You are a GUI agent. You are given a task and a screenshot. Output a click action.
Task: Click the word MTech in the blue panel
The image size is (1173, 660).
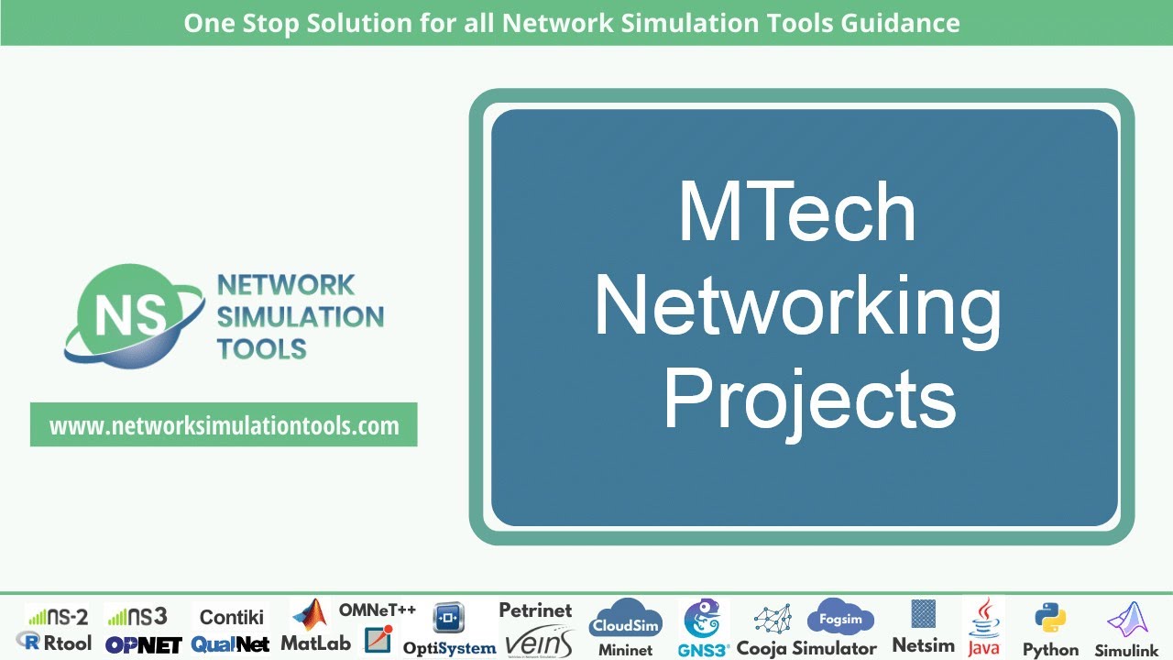[x=796, y=213]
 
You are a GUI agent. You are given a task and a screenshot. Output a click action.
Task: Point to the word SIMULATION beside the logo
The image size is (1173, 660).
[x=301, y=317]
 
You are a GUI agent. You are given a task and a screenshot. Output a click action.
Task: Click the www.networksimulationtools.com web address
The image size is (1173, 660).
[x=224, y=425]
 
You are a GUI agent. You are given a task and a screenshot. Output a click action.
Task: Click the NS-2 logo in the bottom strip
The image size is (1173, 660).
[x=57, y=616]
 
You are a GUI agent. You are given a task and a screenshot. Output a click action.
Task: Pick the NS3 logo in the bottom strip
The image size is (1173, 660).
[x=137, y=616]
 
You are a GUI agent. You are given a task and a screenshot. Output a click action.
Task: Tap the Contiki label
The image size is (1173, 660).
[x=232, y=617]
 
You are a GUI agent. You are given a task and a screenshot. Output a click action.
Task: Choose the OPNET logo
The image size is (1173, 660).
[x=143, y=644]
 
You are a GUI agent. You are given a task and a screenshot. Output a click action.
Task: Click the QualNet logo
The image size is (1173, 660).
[x=231, y=644]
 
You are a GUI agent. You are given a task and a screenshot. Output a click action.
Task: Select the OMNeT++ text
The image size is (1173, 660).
[x=378, y=610]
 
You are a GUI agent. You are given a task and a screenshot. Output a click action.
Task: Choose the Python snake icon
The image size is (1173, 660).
[x=1049, y=619]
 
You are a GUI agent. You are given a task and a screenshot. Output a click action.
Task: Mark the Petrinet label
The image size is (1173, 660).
[x=535, y=610]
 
